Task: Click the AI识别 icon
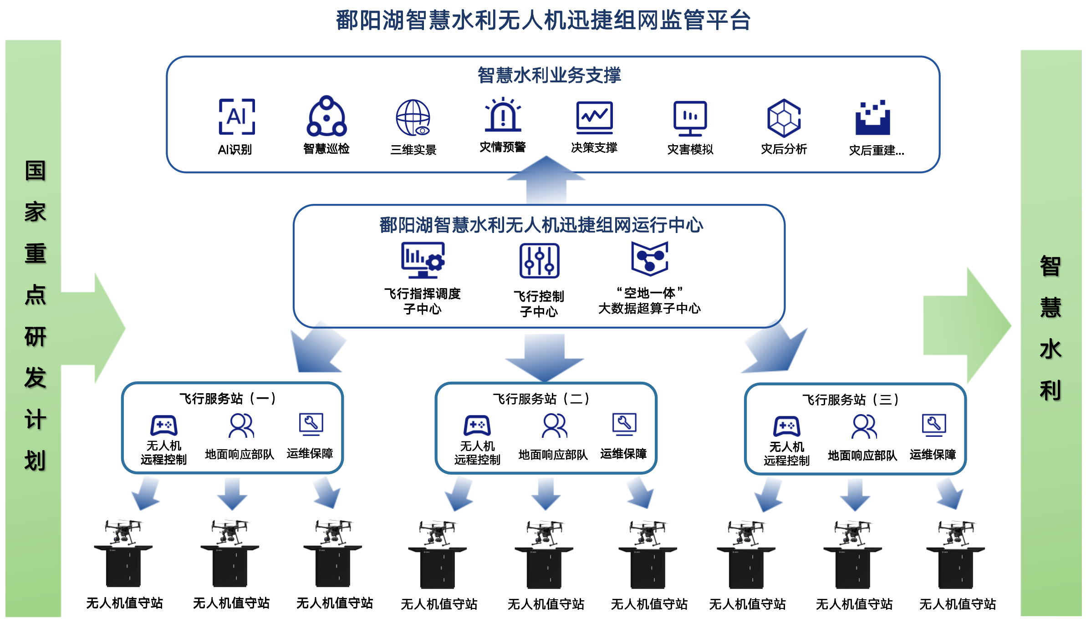click(x=237, y=116)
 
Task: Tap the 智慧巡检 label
click(x=326, y=149)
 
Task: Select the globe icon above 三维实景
click(x=413, y=117)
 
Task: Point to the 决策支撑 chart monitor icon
click(x=594, y=117)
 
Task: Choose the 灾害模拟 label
click(x=690, y=149)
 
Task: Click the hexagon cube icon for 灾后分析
click(x=784, y=118)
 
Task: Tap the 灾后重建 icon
click(x=872, y=118)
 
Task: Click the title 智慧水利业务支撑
click(x=549, y=76)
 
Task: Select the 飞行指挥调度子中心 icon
click(x=423, y=260)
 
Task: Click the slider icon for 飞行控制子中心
click(x=539, y=261)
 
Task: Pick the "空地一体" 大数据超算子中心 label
click(x=649, y=301)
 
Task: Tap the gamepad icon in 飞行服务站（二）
click(x=477, y=425)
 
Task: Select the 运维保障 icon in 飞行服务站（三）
click(x=933, y=425)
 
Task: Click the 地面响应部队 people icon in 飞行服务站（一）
click(x=241, y=425)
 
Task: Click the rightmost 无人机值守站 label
click(x=957, y=604)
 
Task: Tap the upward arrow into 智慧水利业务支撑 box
click(x=546, y=180)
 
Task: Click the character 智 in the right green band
click(x=1050, y=266)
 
